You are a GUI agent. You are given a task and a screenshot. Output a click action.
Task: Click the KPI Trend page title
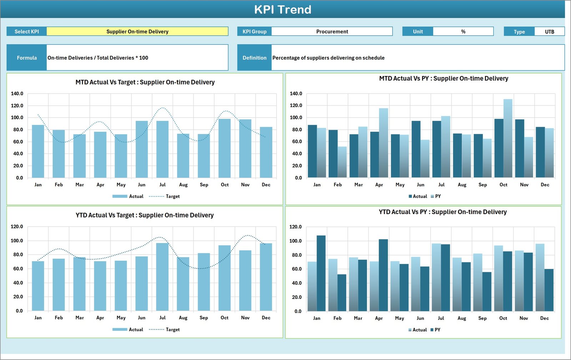click(x=283, y=10)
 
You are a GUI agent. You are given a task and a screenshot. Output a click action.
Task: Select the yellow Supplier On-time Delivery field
click(x=137, y=31)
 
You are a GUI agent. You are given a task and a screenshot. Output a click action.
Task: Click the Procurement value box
click(x=332, y=31)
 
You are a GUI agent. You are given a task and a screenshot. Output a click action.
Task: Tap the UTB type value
click(x=549, y=32)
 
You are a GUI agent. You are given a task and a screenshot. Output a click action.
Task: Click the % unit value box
click(x=463, y=31)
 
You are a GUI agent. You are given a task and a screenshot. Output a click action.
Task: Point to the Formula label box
click(x=27, y=58)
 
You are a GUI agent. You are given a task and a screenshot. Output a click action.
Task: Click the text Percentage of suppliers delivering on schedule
click(x=328, y=58)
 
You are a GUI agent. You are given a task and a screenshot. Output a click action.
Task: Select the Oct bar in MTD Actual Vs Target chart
click(x=224, y=148)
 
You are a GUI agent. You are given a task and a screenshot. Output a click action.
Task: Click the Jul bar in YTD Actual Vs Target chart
click(x=162, y=277)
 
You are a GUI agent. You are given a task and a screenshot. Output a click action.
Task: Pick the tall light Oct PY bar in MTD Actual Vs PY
click(x=508, y=138)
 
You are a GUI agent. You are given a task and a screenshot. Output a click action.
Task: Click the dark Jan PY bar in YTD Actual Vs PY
click(x=321, y=273)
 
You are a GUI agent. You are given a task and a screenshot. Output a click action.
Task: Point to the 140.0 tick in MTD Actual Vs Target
click(x=17, y=93)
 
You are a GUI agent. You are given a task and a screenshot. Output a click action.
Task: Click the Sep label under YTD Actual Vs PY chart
click(x=482, y=318)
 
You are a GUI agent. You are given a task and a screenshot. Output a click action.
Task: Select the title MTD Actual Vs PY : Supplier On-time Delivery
click(x=444, y=78)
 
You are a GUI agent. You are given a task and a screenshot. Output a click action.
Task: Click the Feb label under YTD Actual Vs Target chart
click(x=59, y=318)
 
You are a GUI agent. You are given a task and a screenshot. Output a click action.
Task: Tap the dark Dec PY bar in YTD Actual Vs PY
click(x=549, y=290)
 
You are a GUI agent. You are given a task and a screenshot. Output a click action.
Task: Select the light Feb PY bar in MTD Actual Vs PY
click(x=342, y=162)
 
